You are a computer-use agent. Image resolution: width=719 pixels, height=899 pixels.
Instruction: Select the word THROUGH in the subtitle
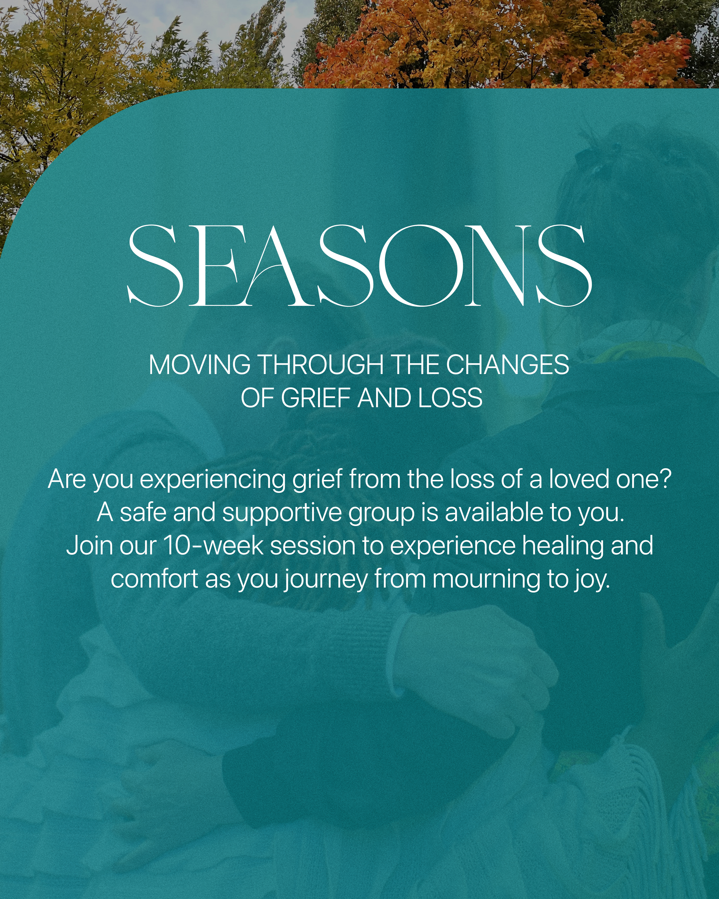tap(321, 365)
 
